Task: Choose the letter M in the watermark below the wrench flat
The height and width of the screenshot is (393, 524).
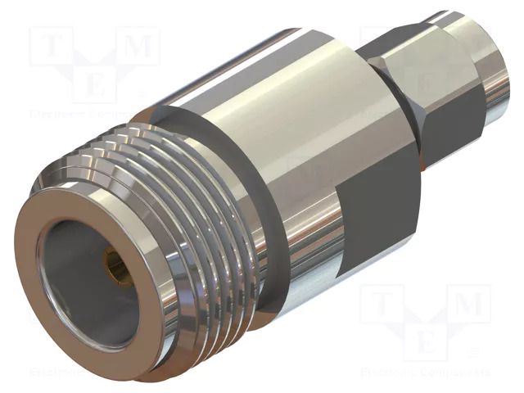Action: [469, 305]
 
